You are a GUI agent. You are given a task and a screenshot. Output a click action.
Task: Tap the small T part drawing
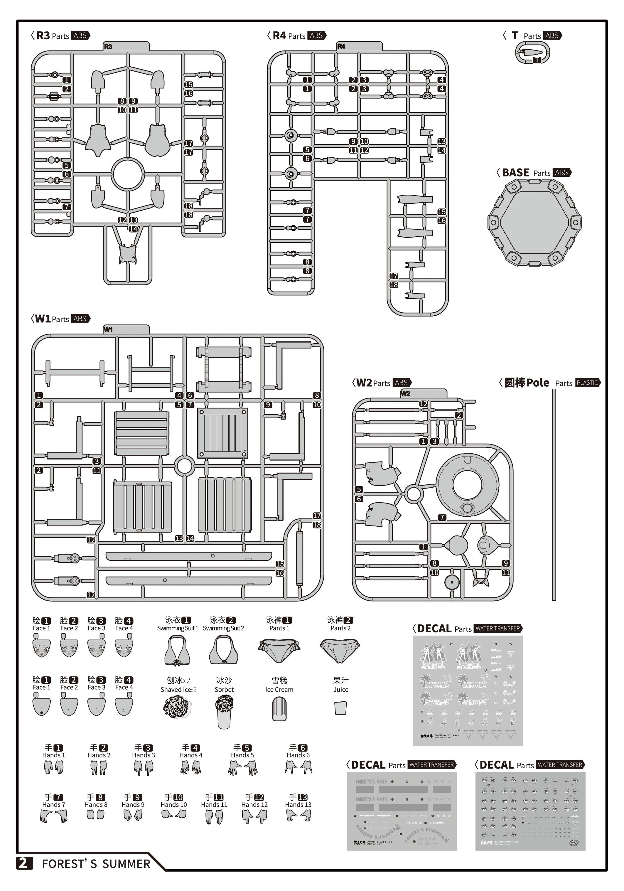coord(532,52)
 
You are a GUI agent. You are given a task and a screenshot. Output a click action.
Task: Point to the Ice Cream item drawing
coord(279,709)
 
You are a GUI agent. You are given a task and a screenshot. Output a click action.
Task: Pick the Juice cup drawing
coord(340,708)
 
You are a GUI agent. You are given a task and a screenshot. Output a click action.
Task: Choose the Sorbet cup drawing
coord(224,711)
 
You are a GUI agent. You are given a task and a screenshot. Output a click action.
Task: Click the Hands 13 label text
coord(298,804)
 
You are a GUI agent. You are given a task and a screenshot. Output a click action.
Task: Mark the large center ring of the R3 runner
coord(127,174)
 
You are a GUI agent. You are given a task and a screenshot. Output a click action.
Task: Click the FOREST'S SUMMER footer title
coord(96,864)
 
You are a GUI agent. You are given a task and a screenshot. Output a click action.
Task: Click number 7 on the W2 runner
coord(442,517)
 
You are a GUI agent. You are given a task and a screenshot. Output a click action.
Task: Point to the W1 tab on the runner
coord(108,329)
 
